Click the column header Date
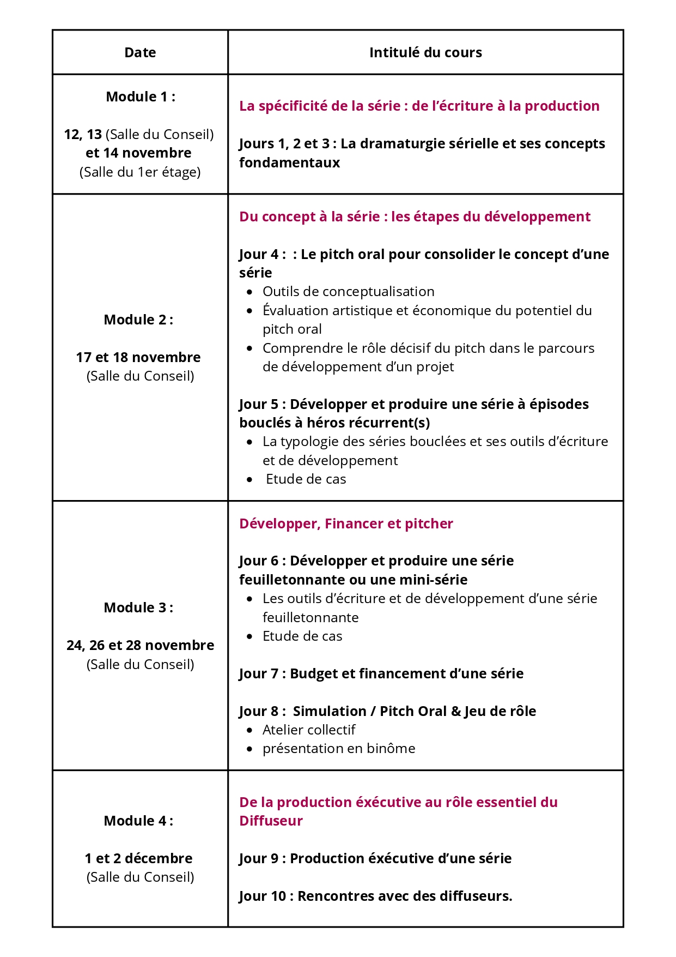pos(140,52)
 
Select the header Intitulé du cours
pos(425,52)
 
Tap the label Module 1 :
pos(141,97)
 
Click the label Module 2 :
pos(138,320)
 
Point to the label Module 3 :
pos(138,607)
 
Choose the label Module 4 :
pos(138,821)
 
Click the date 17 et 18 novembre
pos(138,357)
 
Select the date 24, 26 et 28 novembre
pos(141,645)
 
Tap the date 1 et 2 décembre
pos(138,858)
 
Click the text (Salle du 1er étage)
pos(140,172)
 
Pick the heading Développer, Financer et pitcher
pos(346,523)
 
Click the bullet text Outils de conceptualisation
pos(349,291)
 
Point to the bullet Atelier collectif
pos(309,730)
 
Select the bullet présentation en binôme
pos(339,748)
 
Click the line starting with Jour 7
pos(381,673)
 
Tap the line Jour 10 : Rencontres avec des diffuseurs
pos(376,896)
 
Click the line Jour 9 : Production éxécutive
pos(375,858)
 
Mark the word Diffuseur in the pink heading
pos(271,821)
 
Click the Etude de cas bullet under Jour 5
pos(306,479)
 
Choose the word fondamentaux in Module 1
pos(289,162)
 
